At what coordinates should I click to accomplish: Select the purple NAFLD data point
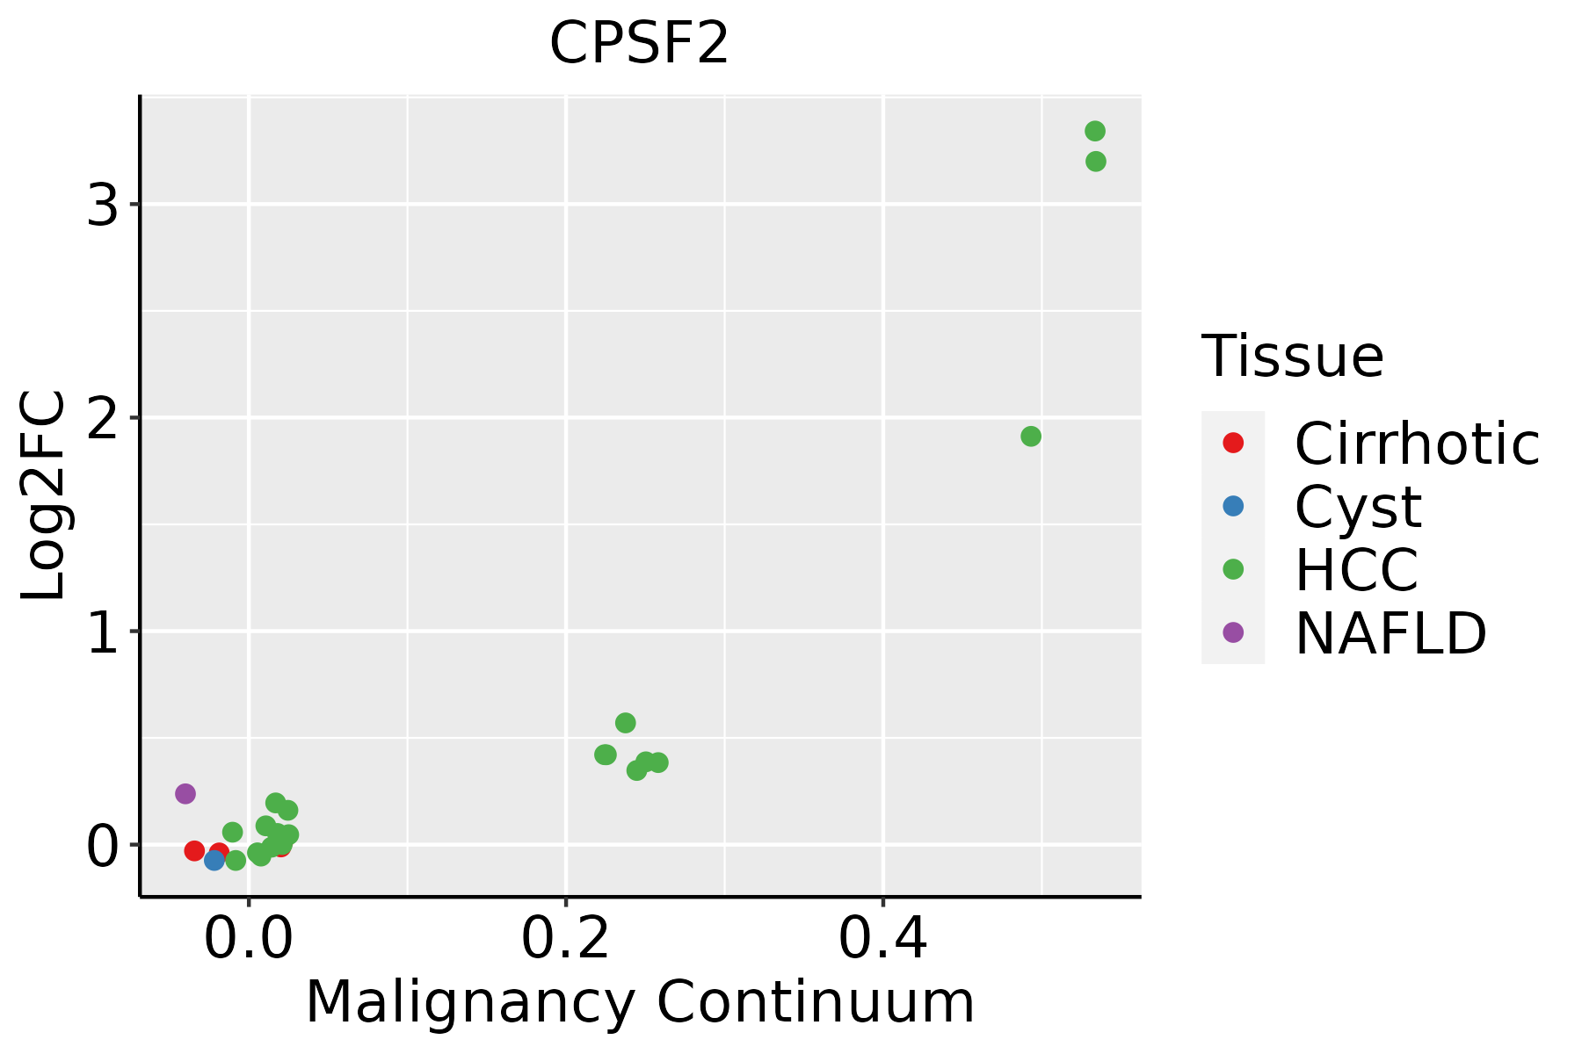click(x=185, y=794)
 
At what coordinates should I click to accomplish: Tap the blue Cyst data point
click(x=214, y=861)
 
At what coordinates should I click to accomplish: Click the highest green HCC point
click(x=1094, y=132)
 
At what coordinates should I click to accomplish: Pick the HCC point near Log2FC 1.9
click(x=1031, y=437)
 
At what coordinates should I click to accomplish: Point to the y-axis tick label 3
click(x=103, y=206)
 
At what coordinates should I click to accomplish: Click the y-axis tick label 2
click(x=103, y=419)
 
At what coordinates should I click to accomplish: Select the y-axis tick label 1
click(x=103, y=632)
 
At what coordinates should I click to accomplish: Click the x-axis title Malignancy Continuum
click(x=640, y=1002)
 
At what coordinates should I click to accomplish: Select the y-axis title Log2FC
click(x=44, y=495)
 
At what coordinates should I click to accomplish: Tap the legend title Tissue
click(x=1292, y=357)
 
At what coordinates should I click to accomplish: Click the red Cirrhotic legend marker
click(x=1233, y=443)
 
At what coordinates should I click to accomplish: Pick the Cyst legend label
click(x=1358, y=507)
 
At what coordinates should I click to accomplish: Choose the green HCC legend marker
click(x=1233, y=569)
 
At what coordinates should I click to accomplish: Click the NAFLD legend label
click(x=1390, y=633)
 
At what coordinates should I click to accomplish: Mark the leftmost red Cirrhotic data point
click(x=194, y=850)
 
